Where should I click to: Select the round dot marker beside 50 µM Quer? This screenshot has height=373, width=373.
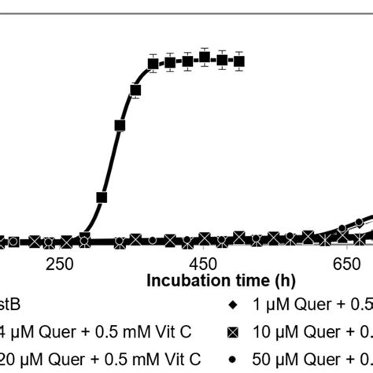[230, 361]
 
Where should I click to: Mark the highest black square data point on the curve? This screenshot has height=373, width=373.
[205, 57]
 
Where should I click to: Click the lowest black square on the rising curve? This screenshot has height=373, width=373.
[84, 238]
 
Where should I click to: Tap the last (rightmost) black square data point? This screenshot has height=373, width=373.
[240, 61]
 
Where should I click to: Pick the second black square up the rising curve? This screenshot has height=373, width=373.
[102, 197]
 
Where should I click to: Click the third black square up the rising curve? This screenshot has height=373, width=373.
[119, 125]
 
